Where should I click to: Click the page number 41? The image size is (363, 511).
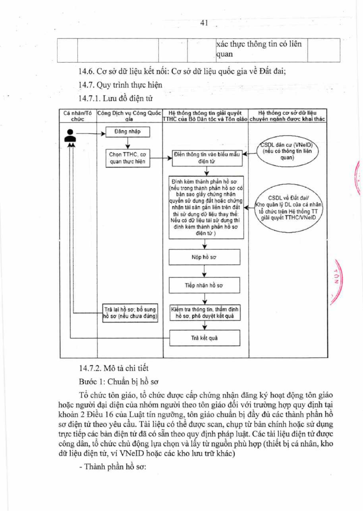point(204,23)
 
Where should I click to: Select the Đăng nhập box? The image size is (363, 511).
point(128,132)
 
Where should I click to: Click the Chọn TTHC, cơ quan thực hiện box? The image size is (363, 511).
point(128,158)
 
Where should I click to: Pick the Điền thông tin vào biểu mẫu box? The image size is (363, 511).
point(207,158)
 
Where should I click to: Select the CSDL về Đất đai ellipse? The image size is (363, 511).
point(288,208)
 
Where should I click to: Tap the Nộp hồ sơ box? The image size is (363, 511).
point(204,257)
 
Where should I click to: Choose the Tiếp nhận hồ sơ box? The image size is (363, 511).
point(204,285)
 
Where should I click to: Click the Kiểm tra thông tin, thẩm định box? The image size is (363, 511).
point(205,312)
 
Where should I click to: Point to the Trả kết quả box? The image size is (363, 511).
point(205,338)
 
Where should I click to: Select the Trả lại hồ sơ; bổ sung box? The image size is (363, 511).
point(130,313)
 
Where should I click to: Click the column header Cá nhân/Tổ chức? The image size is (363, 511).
point(78,116)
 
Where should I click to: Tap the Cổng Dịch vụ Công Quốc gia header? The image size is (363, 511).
point(129,116)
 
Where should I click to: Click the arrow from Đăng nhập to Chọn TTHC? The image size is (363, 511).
point(128,143)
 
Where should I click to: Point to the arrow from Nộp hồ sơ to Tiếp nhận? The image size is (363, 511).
point(204,271)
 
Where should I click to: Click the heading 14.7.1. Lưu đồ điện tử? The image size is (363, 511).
point(116,99)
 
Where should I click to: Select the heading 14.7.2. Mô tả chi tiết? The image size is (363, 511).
point(114,368)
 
